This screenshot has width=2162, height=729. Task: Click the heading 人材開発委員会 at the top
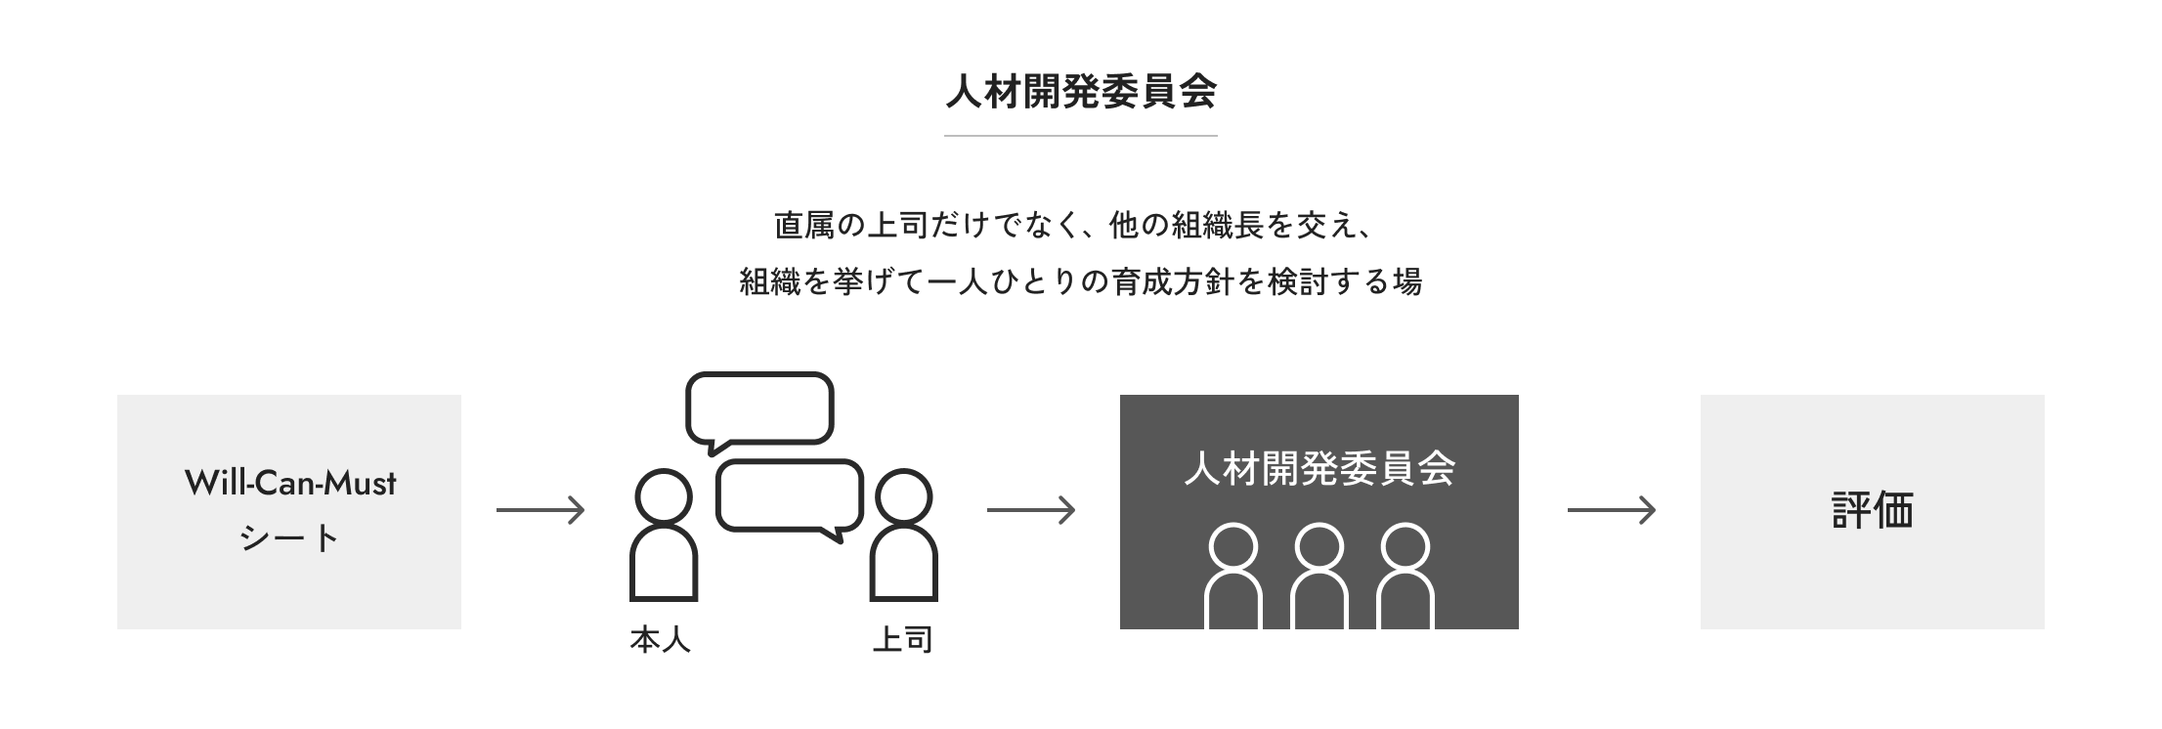[x=1081, y=92]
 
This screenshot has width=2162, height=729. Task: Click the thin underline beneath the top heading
[x=1081, y=135]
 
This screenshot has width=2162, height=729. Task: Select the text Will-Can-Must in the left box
[x=290, y=483]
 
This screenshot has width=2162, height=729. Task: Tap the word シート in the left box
[x=289, y=538]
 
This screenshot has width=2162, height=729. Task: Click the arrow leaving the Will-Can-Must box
[x=540, y=510]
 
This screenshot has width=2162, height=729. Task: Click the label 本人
[x=661, y=640]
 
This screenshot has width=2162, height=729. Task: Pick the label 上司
[x=902, y=640]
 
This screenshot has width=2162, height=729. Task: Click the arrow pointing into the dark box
[x=1031, y=510]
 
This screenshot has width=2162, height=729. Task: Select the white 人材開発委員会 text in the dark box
[x=1319, y=468]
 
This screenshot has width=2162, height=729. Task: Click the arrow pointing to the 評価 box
[x=1612, y=510]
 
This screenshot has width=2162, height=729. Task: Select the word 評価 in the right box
[x=1873, y=510]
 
